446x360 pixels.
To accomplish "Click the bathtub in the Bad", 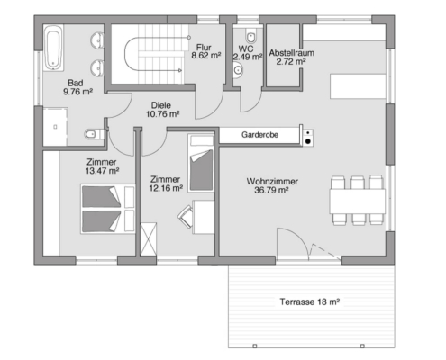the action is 54,48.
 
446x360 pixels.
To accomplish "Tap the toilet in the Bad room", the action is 94,134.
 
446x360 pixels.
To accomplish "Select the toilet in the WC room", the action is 250,36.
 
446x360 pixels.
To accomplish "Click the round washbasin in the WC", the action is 238,70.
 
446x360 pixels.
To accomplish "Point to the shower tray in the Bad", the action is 55,127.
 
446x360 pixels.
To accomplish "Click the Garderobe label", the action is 259,135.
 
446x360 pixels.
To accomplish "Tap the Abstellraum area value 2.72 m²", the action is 291,62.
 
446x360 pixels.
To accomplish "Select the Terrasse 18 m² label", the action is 310,301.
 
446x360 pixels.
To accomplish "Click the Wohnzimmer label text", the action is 272,182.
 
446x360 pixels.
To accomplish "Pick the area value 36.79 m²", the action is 271,190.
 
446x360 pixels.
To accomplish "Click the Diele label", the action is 161,105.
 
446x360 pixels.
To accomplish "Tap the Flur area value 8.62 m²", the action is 206,56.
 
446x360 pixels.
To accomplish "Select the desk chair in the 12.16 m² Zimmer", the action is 186,216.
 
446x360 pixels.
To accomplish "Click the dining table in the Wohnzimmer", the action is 358,201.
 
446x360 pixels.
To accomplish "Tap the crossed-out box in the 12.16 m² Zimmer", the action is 149,238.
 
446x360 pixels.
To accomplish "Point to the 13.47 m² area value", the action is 103,171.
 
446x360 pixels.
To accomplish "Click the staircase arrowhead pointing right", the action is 180,70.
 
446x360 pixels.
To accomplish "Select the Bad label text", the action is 76,83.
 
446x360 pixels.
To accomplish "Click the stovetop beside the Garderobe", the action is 308,138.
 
